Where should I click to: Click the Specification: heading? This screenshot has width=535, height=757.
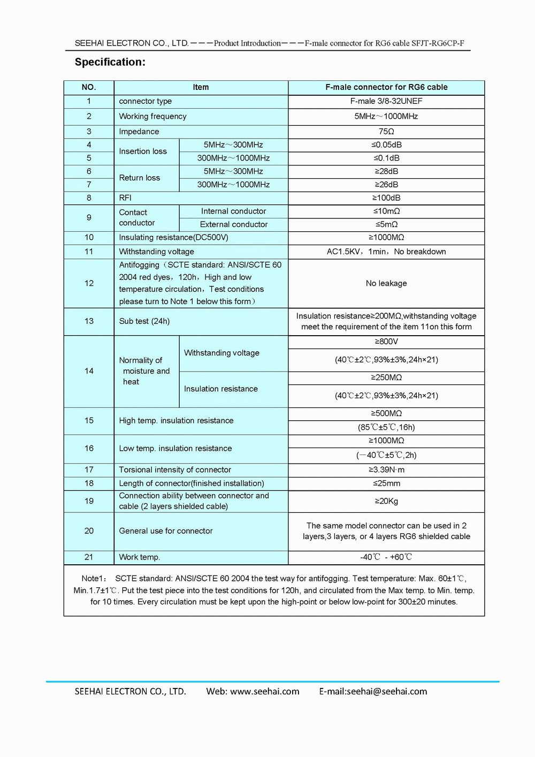coord(110,62)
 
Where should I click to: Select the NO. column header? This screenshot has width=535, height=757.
coord(89,87)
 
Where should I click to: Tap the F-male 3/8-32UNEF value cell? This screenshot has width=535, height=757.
coord(386,101)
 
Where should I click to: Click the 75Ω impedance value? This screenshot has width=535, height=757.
coord(386,132)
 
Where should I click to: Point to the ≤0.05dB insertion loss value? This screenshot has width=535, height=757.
coord(386,145)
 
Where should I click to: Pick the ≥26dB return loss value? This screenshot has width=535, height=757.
coord(386,185)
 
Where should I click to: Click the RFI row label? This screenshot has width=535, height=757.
coord(125,198)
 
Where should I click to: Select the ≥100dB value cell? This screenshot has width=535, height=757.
coord(386,198)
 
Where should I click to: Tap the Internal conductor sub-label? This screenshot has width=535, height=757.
coord(233,211)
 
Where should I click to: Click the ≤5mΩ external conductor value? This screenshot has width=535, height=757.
coord(386,225)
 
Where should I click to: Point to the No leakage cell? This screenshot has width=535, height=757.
coord(386,283)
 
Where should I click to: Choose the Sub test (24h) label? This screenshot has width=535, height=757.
coord(144,321)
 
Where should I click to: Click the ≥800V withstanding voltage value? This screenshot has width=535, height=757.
coord(386,342)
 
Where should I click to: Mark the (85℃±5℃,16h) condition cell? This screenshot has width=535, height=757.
coord(386,427)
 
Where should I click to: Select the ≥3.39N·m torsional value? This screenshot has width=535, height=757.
coord(386,470)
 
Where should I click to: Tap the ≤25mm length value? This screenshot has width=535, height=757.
coord(386,483)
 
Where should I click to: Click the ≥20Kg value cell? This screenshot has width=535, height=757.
coord(386,501)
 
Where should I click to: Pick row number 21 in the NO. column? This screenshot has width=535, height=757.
coord(89,557)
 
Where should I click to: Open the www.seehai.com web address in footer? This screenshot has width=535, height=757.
coord(264,692)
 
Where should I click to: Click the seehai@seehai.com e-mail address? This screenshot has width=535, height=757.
coord(387,692)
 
